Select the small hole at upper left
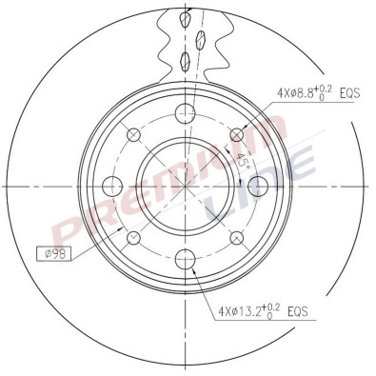(x=133, y=135)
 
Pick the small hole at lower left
(x=133, y=236)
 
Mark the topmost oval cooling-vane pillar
(x=190, y=15)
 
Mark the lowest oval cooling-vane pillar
(x=183, y=62)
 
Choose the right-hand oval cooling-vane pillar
(x=201, y=40)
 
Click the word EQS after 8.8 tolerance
(x=347, y=93)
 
